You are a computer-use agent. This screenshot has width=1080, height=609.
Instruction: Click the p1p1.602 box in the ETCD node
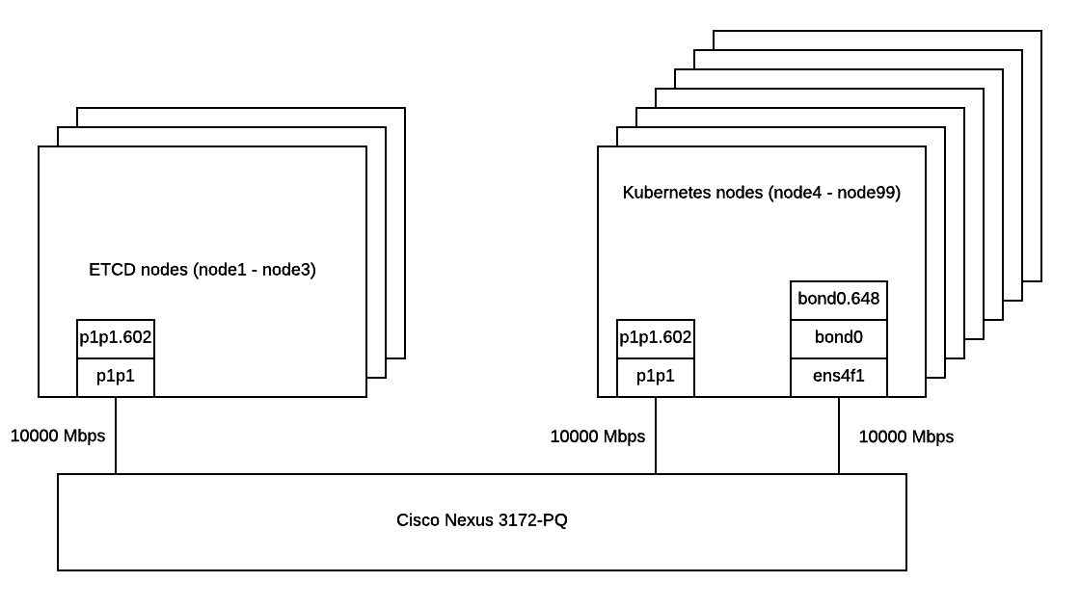[116, 338]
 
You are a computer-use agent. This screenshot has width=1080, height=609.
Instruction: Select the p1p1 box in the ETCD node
[116, 377]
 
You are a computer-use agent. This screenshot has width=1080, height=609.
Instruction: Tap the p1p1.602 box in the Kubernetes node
[656, 338]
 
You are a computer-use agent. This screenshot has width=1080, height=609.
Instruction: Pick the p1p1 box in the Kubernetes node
[656, 377]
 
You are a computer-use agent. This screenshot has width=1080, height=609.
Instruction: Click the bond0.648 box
[839, 300]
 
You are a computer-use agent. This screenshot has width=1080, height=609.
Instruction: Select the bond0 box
[839, 338]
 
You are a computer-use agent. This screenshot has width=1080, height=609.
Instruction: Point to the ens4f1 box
[839, 377]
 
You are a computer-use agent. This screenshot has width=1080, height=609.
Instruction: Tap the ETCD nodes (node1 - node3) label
[202, 271]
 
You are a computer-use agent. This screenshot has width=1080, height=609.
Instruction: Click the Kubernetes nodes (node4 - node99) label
[762, 193]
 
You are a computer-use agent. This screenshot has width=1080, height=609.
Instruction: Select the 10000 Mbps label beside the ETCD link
[58, 436]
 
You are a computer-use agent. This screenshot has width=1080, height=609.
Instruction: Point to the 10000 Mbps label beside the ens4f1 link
[906, 437]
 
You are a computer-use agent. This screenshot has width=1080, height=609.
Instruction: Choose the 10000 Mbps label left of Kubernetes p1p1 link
[598, 437]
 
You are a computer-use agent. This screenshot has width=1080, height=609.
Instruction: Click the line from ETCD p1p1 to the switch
[116, 435]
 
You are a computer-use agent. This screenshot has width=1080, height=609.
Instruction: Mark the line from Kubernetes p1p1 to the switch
[656, 435]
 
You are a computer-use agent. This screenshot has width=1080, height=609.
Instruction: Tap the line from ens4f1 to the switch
[839, 435]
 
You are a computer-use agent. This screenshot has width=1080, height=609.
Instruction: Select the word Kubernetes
[668, 193]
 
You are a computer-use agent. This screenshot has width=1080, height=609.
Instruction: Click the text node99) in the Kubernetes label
[869, 193]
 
